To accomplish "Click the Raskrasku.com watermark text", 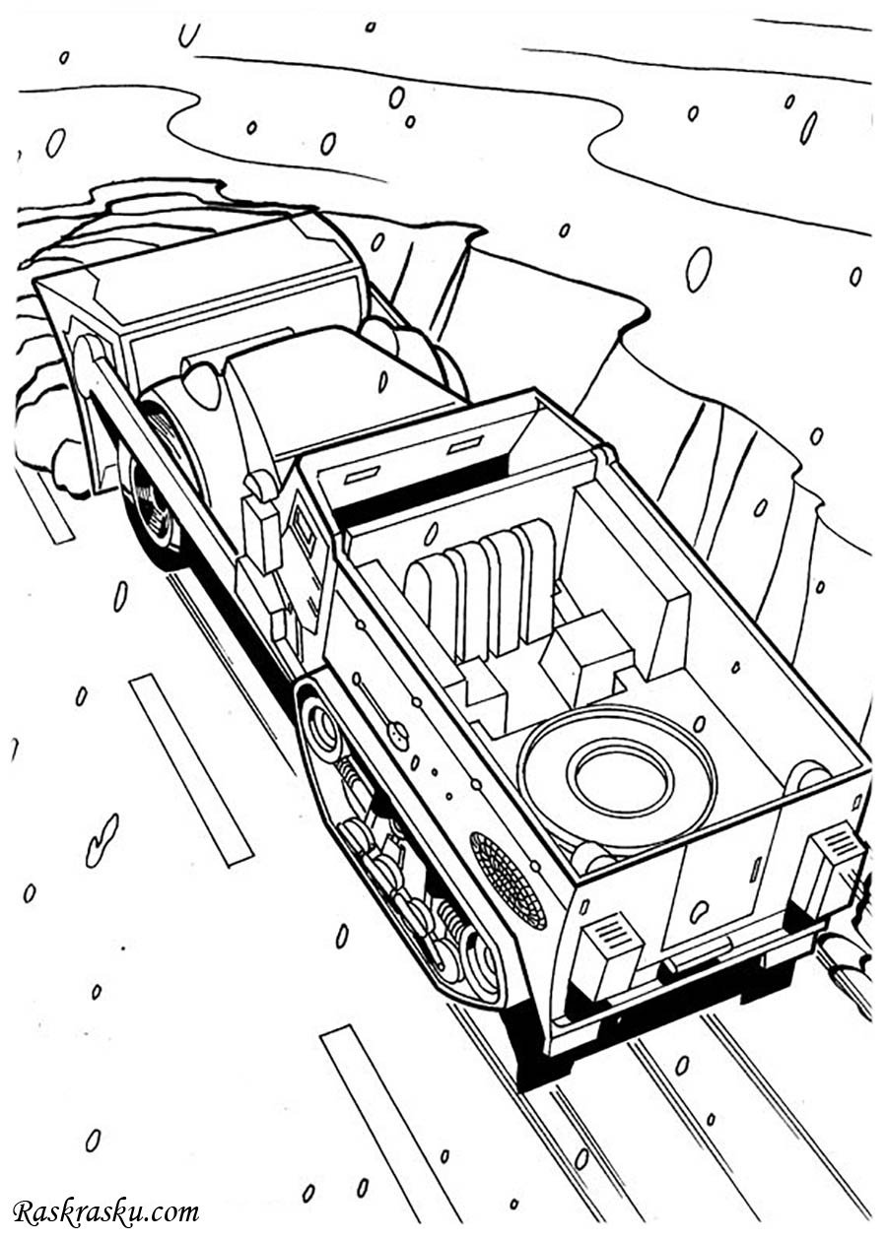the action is point(105,1208).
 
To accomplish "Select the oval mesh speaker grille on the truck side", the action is point(507,894).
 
